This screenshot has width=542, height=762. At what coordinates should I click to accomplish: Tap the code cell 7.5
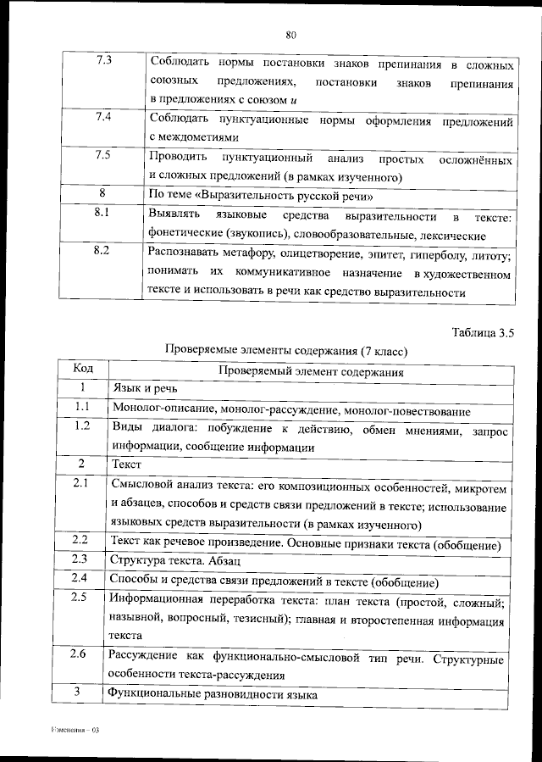pyautogui.click(x=104, y=155)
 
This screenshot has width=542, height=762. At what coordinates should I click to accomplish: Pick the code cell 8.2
pyautogui.click(x=104, y=251)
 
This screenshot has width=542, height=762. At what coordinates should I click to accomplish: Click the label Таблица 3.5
pyautogui.click(x=483, y=331)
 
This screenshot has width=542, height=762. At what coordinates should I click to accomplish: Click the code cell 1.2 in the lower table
pyautogui.click(x=82, y=426)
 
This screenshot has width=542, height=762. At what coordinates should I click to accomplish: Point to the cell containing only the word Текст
pyautogui.click(x=125, y=464)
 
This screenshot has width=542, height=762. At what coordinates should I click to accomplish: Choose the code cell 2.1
pyautogui.click(x=81, y=483)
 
